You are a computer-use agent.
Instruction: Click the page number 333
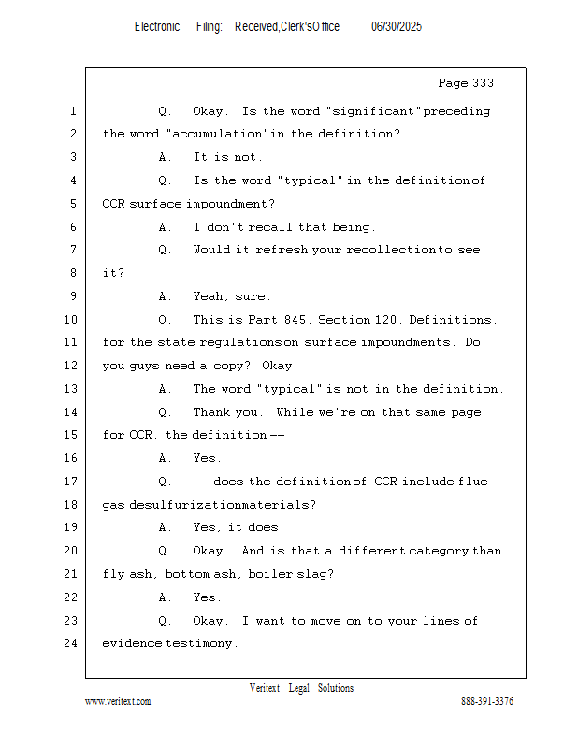click(x=483, y=83)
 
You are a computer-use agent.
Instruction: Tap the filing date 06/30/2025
click(x=397, y=27)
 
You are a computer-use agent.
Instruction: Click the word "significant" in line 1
click(x=382, y=111)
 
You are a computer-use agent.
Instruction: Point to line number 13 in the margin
click(x=72, y=389)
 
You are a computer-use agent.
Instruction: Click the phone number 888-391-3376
click(x=487, y=701)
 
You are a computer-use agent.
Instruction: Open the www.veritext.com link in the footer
click(x=118, y=701)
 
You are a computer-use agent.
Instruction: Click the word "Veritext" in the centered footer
click(x=265, y=688)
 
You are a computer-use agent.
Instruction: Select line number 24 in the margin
click(x=72, y=643)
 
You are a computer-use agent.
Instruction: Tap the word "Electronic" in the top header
click(x=157, y=27)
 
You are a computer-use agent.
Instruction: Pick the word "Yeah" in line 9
click(x=210, y=296)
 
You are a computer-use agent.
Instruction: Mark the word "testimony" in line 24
click(x=201, y=643)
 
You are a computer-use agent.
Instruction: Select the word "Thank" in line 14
click(x=212, y=412)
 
